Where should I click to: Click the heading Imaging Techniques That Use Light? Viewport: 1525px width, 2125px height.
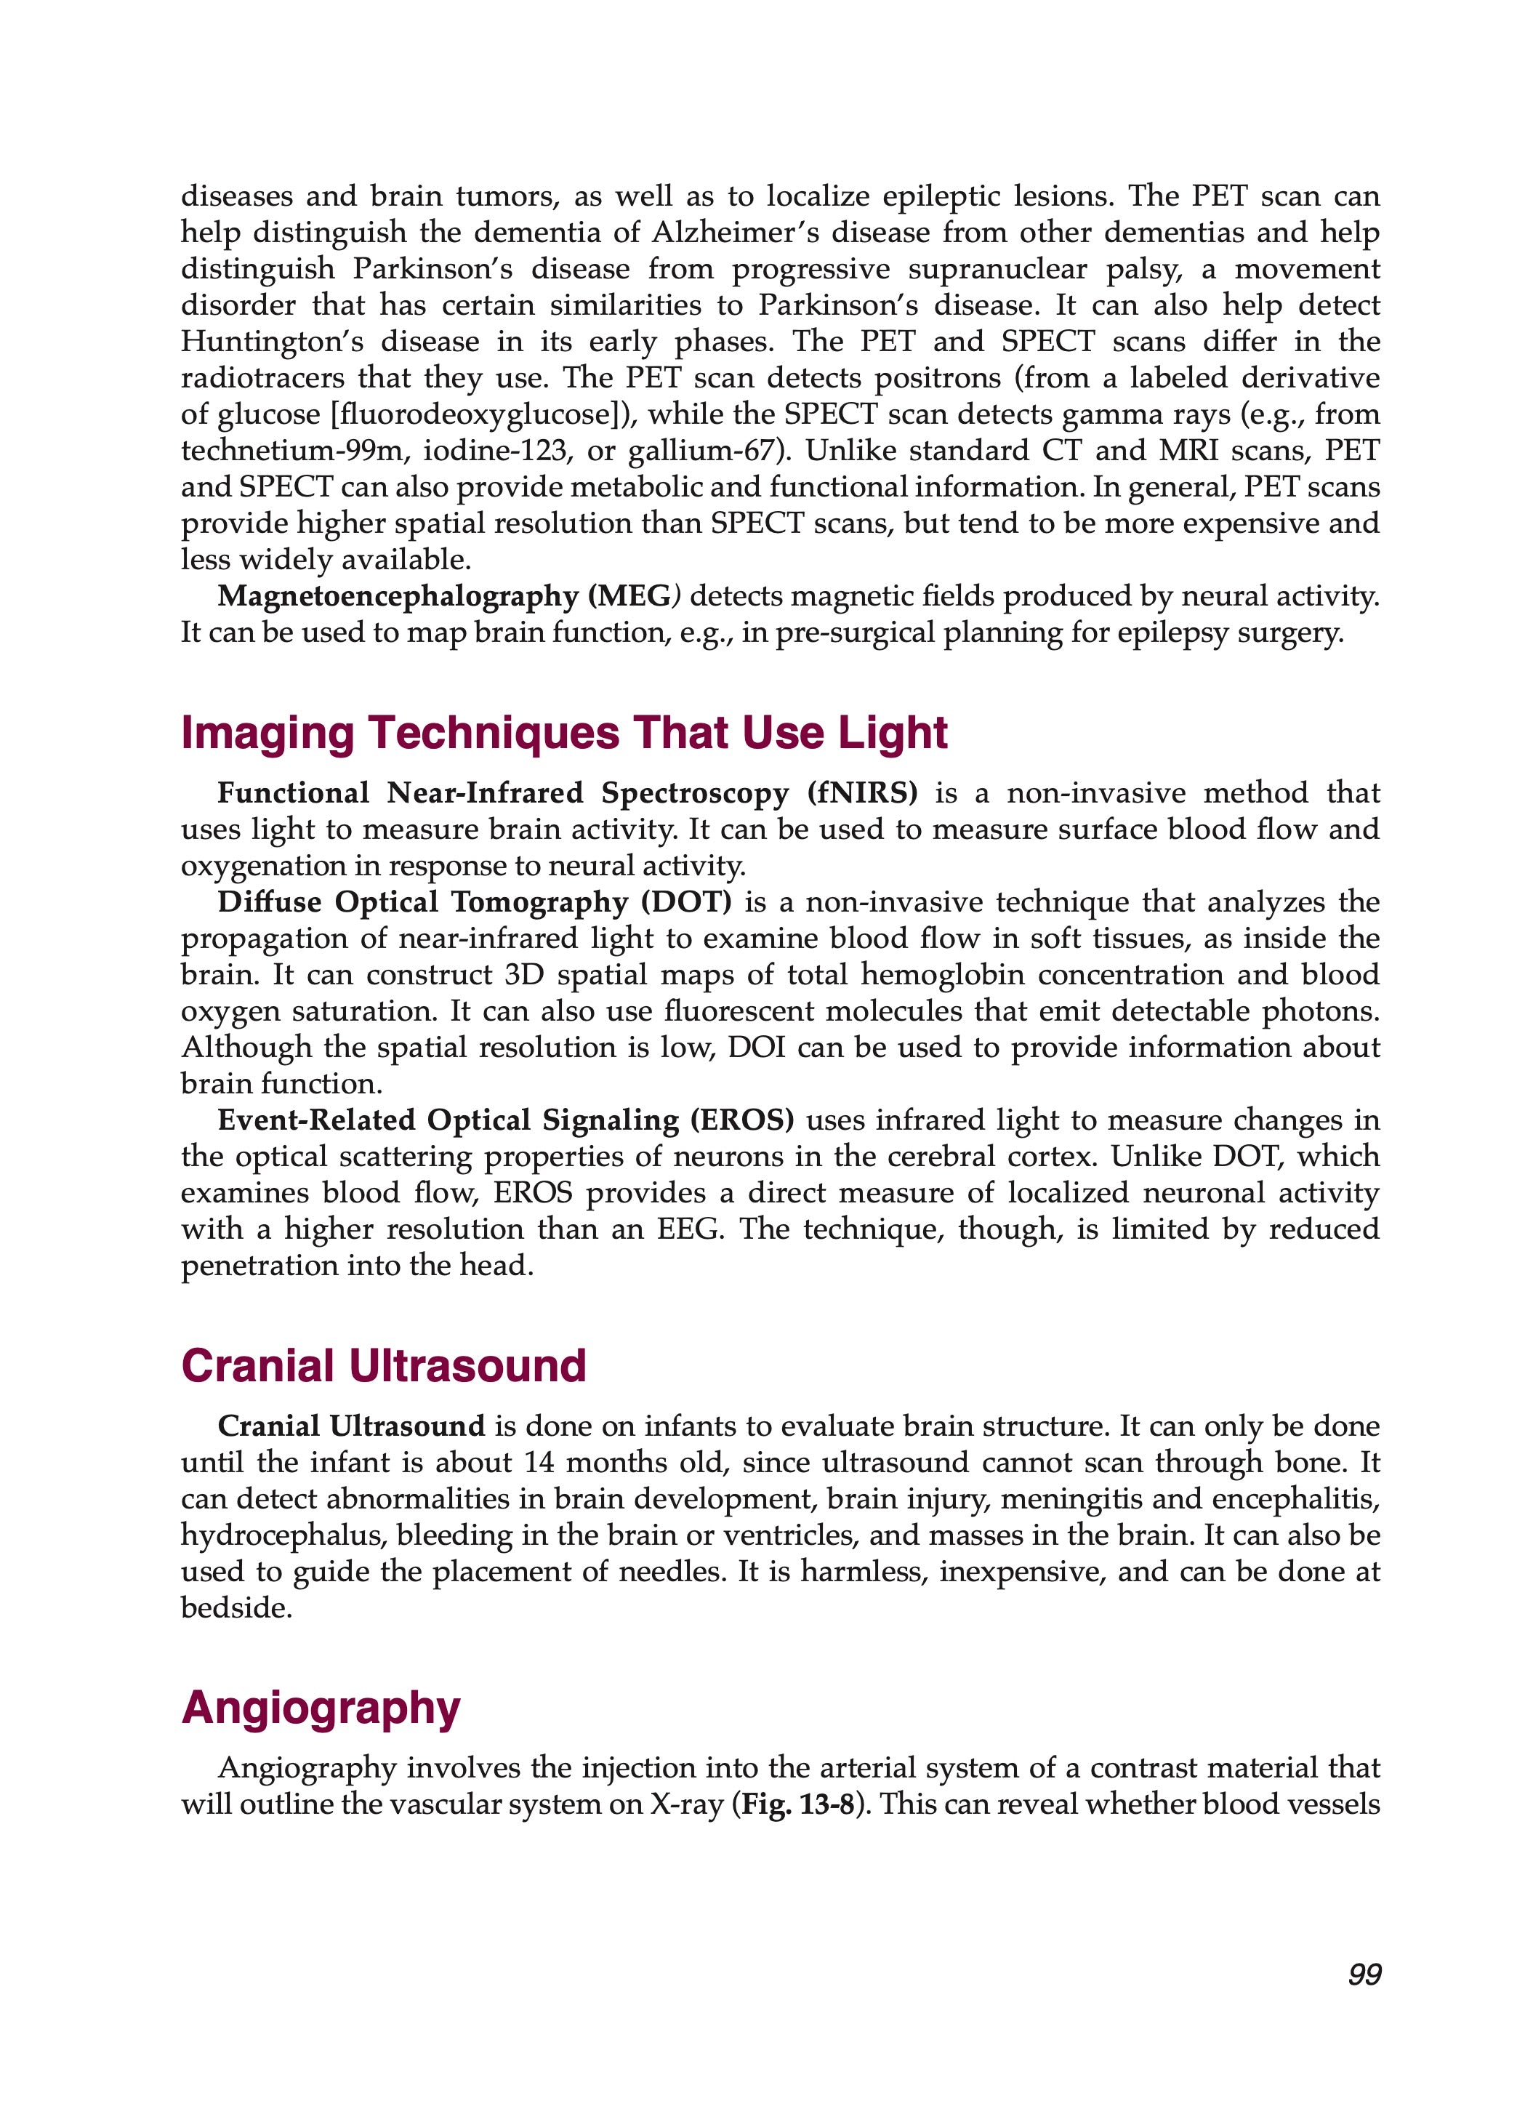[564, 733]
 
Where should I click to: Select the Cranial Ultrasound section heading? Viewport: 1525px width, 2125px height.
[383, 1366]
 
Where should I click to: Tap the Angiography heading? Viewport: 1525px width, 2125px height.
[321, 1707]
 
